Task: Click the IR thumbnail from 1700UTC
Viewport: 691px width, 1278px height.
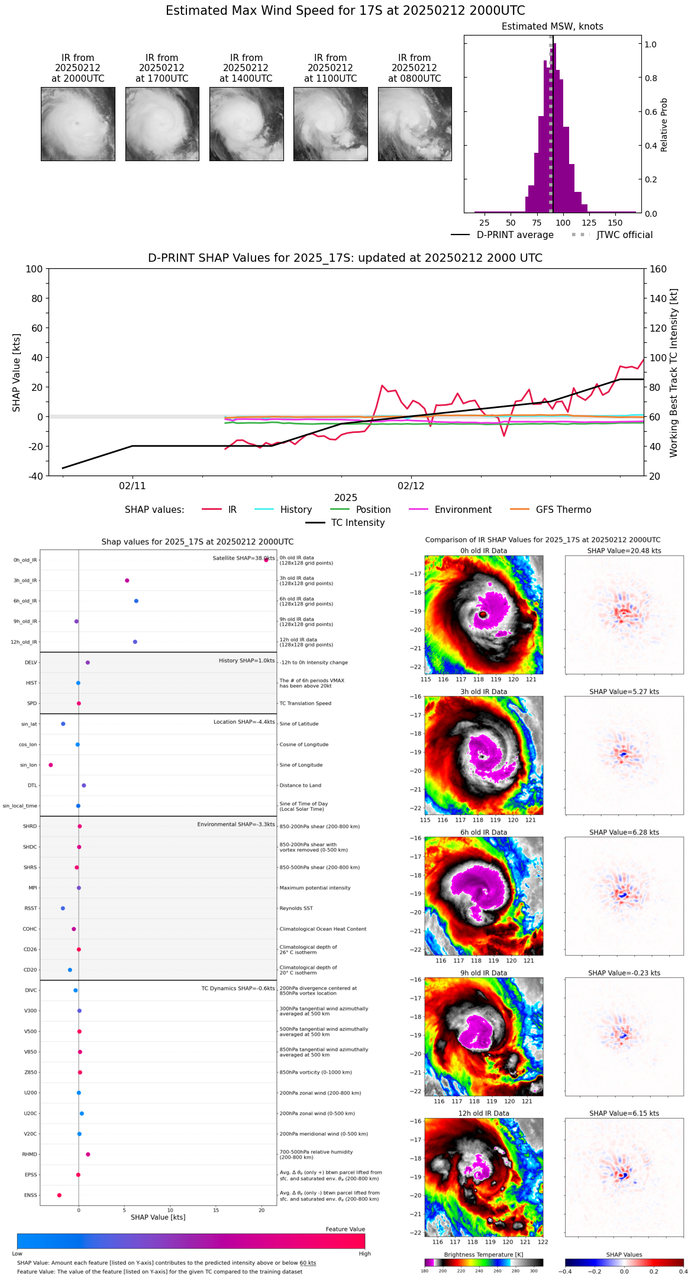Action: pos(162,124)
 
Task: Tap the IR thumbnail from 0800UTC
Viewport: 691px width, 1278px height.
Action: pos(415,124)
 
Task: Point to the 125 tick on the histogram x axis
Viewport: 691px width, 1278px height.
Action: pos(589,223)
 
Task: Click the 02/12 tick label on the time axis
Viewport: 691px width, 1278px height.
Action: pos(411,486)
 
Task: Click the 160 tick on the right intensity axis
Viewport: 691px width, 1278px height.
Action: pos(658,269)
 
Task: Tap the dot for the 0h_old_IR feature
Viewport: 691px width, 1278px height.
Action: pos(266,560)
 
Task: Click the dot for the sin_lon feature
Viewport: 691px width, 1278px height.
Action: pos(51,765)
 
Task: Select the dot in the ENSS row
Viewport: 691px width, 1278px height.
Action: pos(59,1195)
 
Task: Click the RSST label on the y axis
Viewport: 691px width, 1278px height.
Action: pos(31,908)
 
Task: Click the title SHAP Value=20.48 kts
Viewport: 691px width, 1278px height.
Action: pos(624,551)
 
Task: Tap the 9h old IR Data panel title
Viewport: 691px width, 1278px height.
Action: pos(483,973)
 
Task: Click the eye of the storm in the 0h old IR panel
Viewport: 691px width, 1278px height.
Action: pos(483,615)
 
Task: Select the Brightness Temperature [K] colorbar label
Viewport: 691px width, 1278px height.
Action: pos(483,1254)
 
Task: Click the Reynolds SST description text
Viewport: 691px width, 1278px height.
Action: pos(296,908)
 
